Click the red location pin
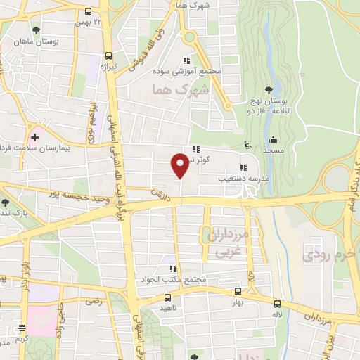tap(180, 165)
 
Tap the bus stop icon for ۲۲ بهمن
tap(89, 12)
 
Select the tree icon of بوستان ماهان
tap(36, 30)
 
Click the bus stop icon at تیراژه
tap(108, 56)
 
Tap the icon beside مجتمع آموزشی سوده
tap(186, 60)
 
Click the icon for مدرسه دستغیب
tap(243, 167)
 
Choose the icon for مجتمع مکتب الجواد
tap(171, 269)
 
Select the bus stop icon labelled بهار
tap(237, 290)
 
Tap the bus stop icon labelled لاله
tap(277, 304)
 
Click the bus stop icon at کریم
tap(22, 329)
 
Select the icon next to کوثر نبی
tap(196, 149)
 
